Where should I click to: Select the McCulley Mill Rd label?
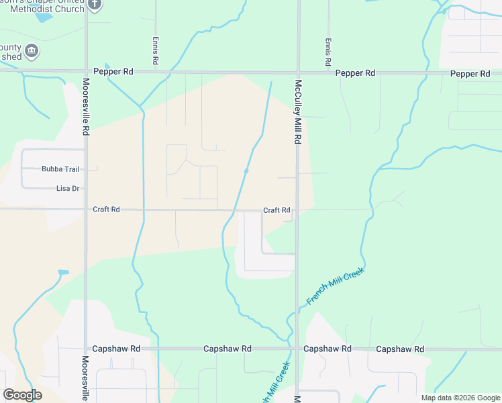coord(297,112)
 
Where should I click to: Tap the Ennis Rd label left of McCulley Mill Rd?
coord(156,51)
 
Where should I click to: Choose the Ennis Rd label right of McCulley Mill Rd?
coord(328,51)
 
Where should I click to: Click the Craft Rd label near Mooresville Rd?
coord(106,210)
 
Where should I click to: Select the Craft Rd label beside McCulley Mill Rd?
coord(277,210)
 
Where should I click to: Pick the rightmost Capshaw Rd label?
coord(400,349)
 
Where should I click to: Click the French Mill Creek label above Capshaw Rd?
coord(335,286)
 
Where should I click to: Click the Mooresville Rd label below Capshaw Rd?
coord(86,379)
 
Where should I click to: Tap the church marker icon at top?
coord(95,4)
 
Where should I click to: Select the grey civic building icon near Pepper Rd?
coord(32,51)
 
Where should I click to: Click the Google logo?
coord(22,395)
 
